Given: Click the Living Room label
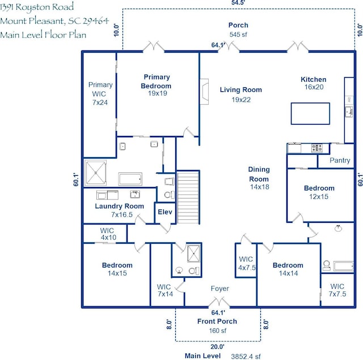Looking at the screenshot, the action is pyautogui.click(x=240, y=90).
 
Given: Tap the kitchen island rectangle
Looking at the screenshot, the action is pyautogui.click(x=310, y=113).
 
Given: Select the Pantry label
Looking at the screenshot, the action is pyautogui.click(x=340, y=160).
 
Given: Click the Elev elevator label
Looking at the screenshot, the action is pyautogui.click(x=165, y=211).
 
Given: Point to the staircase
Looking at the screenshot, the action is pyautogui.click(x=188, y=197).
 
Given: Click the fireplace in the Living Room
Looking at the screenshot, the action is pyautogui.click(x=204, y=92).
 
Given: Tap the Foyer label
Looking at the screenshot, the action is pyautogui.click(x=220, y=289).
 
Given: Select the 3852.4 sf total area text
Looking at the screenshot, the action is pyautogui.click(x=246, y=356).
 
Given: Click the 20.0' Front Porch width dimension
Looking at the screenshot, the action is pyautogui.click(x=217, y=346).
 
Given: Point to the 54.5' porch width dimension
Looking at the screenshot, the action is pyautogui.click(x=238, y=2).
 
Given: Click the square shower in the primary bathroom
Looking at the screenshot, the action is pyautogui.click(x=95, y=173).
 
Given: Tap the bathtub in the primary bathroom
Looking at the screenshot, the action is pyautogui.click(x=130, y=179).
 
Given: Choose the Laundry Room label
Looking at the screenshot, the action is pyautogui.click(x=119, y=206).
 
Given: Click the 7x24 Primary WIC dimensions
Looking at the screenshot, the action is pyautogui.click(x=100, y=103).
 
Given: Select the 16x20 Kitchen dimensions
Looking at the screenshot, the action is pyautogui.click(x=314, y=87).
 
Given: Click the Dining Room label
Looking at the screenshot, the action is pyautogui.click(x=259, y=174).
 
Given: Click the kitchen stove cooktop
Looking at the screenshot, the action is pyautogui.click(x=316, y=149).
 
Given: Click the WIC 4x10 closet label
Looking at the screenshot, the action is pyautogui.click(x=108, y=234).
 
